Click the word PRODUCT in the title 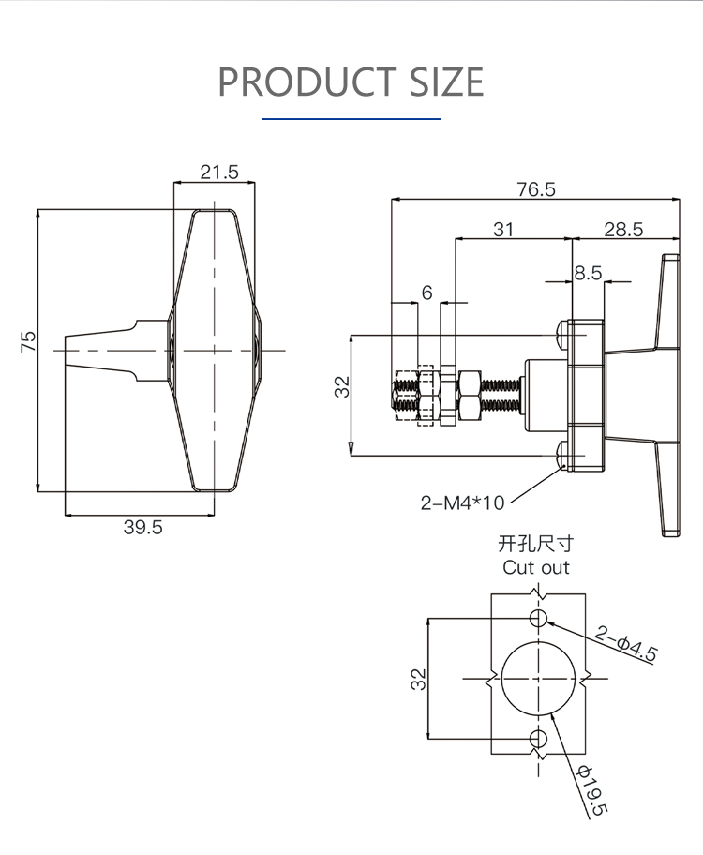click(307, 82)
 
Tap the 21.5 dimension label click(219, 172)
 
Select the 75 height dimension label click(28, 341)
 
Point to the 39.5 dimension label click(142, 527)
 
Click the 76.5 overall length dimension click(536, 189)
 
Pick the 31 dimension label click(502, 230)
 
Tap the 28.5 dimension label click(623, 230)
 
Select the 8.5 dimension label click(588, 273)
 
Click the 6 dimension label click(427, 292)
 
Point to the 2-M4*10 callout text click(462, 502)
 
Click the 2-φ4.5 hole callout click(625, 644)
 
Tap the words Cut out click(535, 567)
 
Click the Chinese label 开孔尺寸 click(535, 544)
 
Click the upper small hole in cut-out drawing click(538, 619)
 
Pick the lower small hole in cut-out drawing click(538, 739)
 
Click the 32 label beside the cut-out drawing click(418, 680)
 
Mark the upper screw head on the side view click(561, 335)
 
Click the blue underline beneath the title click(351, 118)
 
